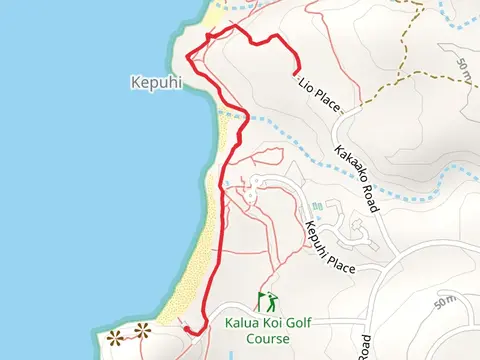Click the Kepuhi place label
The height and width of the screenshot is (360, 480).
coord(155,83)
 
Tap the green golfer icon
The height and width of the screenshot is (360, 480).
coord(267,301)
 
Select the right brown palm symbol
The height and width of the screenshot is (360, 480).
coord(140,330)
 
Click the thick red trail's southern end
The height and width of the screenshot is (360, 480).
coord(185,327)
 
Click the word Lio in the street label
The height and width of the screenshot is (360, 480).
coord(303,87)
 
